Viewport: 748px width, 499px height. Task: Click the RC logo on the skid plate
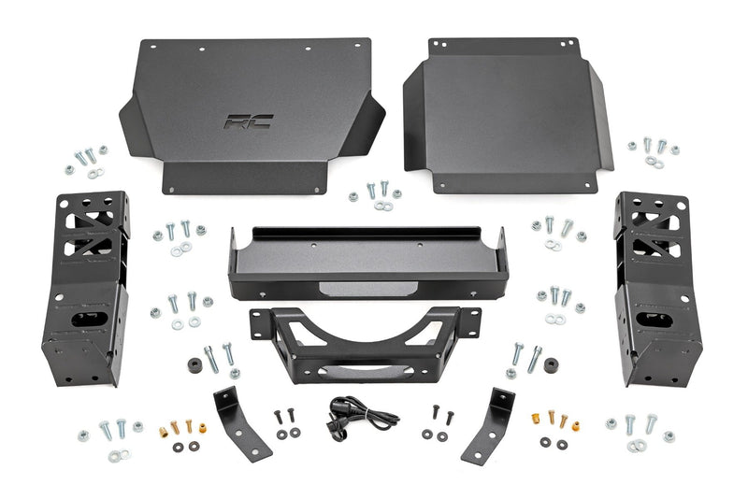[239, 121]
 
